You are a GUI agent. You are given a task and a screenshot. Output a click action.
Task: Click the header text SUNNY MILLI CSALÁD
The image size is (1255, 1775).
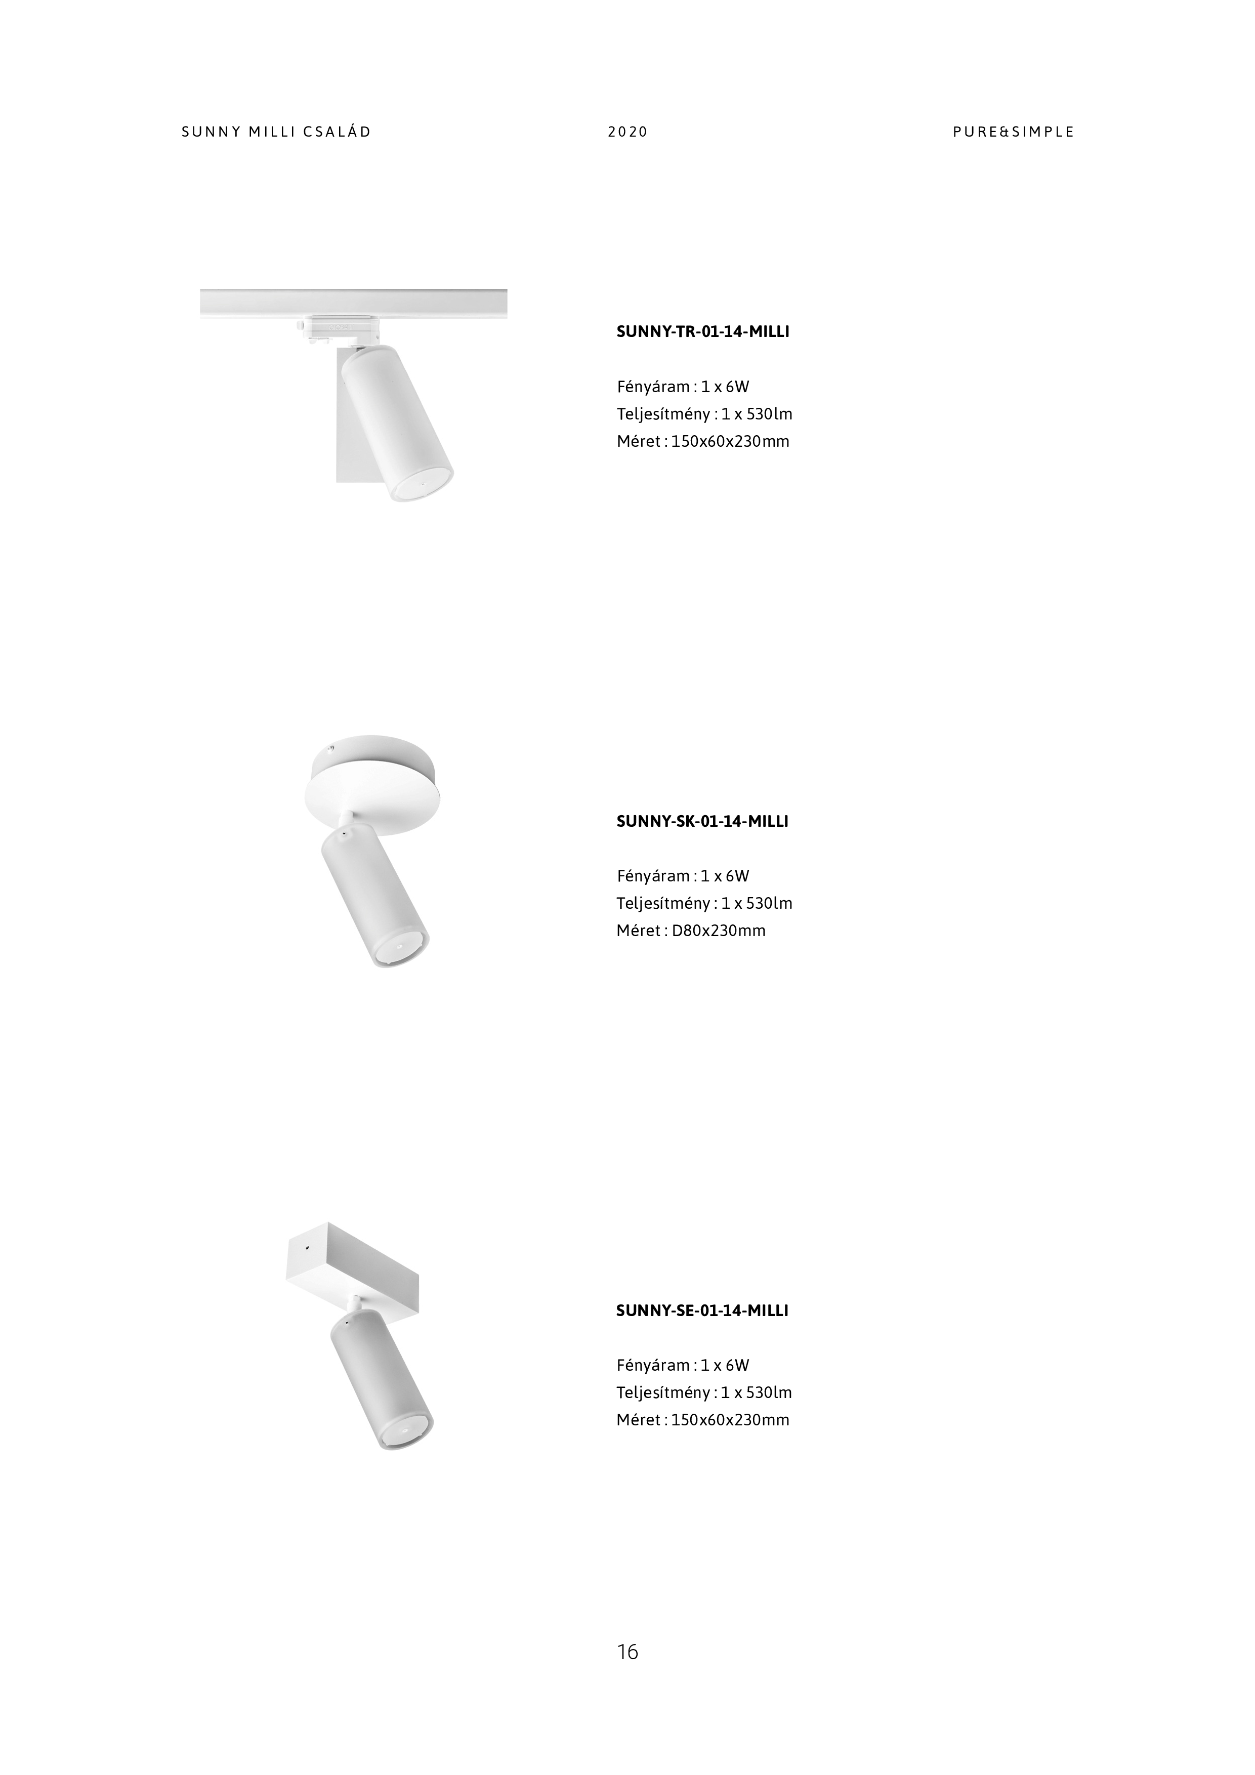(x=276, y=132)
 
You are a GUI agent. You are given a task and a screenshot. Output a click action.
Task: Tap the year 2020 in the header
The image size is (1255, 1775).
(x=627, y=132)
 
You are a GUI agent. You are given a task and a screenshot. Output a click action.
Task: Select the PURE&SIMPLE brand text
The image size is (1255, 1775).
(x=1013, y=132)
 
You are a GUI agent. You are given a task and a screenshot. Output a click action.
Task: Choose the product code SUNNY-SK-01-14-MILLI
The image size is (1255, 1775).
(x=702, y=821)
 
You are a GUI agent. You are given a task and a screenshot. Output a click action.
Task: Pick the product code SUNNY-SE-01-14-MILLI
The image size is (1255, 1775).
(x=702, y=1311)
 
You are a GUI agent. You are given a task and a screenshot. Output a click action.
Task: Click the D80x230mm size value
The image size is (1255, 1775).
(x=719, y=931)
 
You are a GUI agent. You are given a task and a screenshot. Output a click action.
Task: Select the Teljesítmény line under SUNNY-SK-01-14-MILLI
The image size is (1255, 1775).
(x=704, y=903)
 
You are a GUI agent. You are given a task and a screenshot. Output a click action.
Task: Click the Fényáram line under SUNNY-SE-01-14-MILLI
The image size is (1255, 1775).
(x=682, y=1365)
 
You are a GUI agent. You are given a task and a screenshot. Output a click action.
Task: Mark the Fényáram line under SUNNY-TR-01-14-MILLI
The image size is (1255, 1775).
(x=682, y=387)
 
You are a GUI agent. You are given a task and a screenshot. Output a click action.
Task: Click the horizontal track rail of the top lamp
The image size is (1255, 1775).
(x=353, y=302)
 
